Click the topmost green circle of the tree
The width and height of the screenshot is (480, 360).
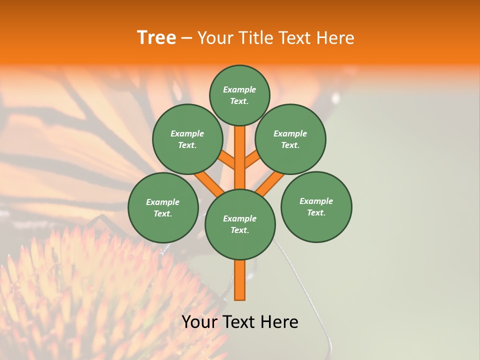point(239,95)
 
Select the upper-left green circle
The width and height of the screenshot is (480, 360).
point(187,139)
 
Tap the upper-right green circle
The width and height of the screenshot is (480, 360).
point(290,139)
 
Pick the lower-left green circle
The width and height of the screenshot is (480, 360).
point(163,207)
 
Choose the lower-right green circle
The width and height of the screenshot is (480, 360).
point(316,206)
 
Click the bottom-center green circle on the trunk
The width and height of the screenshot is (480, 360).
point(240,224)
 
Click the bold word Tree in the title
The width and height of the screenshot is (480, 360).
point(156,38)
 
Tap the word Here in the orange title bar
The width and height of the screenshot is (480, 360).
point(334,38)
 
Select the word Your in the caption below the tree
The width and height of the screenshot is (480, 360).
point(199,322)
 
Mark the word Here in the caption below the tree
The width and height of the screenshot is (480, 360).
point(279,322)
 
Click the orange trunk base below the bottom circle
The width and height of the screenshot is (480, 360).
point(240,280)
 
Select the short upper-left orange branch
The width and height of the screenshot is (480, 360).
point(226,160)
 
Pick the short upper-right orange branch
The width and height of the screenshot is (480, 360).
point(253,160)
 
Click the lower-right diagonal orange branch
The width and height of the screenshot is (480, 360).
point(270,183)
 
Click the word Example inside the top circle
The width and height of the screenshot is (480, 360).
point(239,89)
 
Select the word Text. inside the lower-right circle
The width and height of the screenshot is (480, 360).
point(316,212)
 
